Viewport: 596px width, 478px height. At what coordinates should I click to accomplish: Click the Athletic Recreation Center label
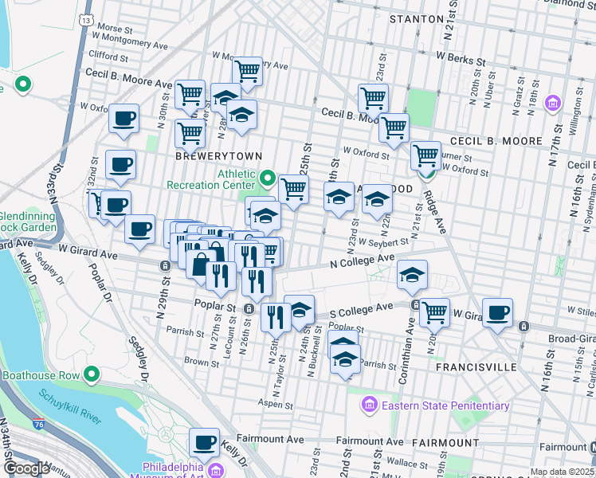coord(212,178)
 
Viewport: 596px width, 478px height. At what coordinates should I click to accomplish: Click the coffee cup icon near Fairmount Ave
coord(204,441)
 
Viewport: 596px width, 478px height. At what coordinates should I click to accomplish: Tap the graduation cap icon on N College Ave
coord(412,275)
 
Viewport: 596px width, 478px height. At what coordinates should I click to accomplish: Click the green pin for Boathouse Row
coord(92,374)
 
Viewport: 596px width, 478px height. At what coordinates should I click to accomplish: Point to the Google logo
coord(25,468)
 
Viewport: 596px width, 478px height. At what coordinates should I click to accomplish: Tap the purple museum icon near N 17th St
coord(555,104)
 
